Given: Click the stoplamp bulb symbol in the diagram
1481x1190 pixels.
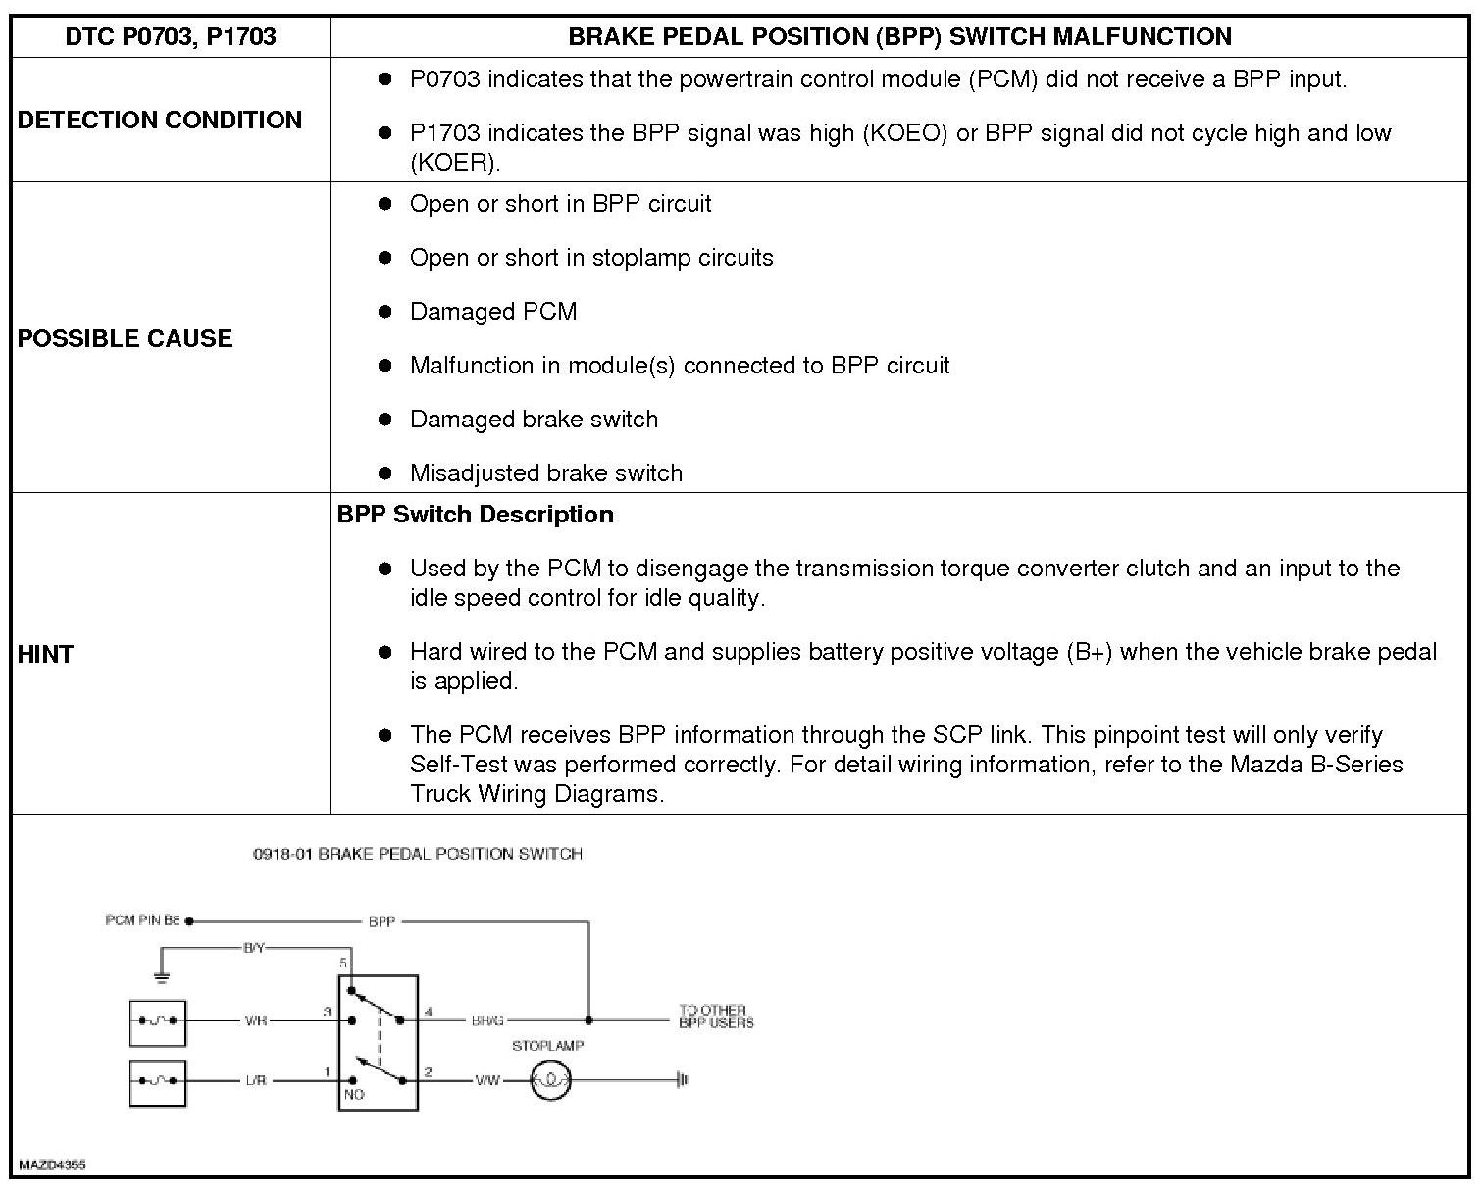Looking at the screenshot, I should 551,1081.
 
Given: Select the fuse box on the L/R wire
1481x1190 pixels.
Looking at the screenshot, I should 157,1082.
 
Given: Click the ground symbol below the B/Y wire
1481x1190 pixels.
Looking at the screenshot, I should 163,978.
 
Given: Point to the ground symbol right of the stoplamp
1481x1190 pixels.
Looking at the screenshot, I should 683,1081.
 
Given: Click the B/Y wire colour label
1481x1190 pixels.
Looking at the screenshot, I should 254,948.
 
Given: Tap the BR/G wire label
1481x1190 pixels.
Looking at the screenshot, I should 487,1021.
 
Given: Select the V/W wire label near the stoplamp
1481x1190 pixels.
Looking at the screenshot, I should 487,1081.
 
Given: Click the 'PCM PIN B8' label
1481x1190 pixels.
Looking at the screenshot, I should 143,920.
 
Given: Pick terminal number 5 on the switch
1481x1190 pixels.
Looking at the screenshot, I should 343,963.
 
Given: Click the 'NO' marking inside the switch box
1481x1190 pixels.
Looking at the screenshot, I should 354,1094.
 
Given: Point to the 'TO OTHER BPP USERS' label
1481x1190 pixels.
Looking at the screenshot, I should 716,1016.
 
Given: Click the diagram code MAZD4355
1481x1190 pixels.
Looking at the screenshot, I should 52,1165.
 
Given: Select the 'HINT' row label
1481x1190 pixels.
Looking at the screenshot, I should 46,655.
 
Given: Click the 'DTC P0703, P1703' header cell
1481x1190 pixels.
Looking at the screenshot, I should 171,37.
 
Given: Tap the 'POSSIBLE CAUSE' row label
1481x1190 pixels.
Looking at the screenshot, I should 126,338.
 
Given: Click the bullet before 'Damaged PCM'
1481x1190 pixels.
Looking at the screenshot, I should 385,312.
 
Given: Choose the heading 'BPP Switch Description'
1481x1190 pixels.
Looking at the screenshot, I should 476,515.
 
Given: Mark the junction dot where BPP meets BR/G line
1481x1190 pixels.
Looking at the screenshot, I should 588,1020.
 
